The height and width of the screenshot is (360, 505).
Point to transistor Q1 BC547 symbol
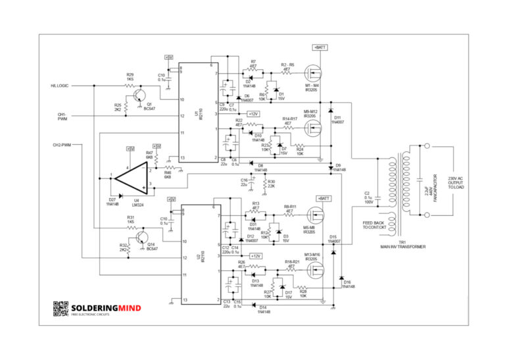pos(139,96)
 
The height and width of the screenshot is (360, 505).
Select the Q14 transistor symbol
pos(142,240)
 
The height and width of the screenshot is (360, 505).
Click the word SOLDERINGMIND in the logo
pos(105,307)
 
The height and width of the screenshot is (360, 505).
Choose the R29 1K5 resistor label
pos(130,77)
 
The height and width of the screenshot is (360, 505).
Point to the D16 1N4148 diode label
pos(348,284)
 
